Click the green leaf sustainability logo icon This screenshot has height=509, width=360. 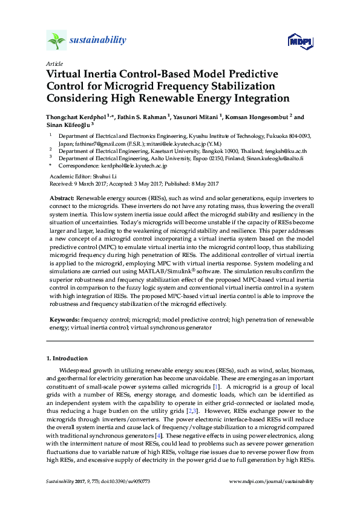tap(57, 41)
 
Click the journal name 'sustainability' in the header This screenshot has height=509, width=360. tap(98, 41)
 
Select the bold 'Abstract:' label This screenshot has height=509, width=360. tap(61, 198)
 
